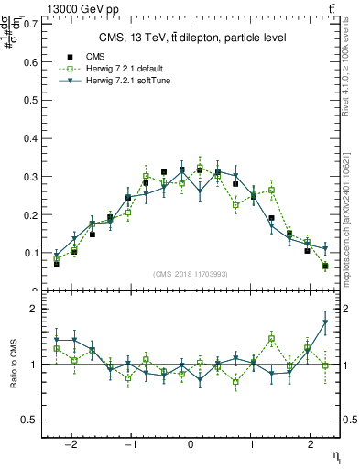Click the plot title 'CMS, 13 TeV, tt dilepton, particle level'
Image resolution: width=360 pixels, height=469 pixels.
[x=191, y=38]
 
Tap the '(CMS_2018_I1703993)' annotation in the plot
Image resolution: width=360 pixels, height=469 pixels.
[x=191, y=274]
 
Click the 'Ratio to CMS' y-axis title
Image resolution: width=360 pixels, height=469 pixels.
[x=13, y=364]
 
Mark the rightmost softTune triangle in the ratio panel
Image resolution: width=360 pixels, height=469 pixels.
[x=325, y=322]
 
